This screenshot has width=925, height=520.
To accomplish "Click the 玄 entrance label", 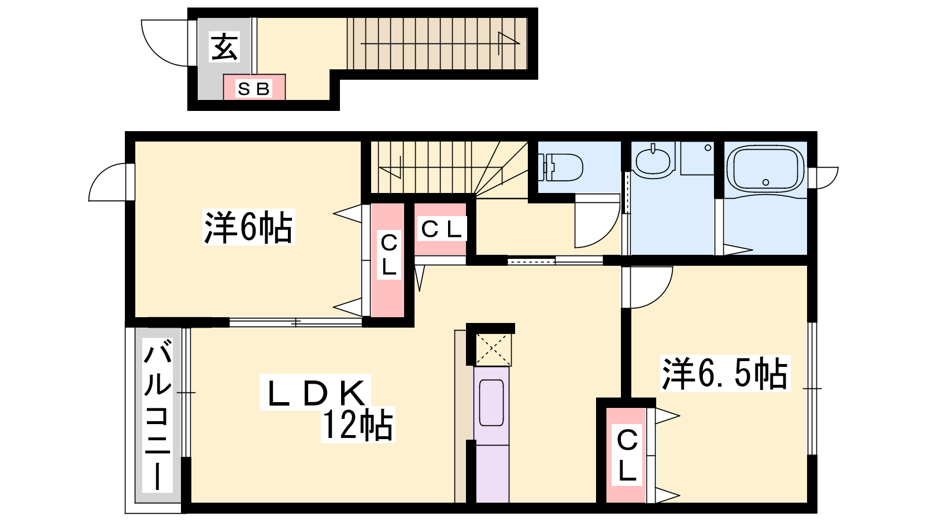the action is [x=225, y=47].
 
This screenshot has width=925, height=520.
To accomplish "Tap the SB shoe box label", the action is [x=254, y=89].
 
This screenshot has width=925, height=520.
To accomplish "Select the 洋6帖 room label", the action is [x=249, y=227].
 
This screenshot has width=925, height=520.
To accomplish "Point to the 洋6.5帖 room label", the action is [x=725, y=373].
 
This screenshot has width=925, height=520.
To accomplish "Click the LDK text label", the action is [x=316, y=392].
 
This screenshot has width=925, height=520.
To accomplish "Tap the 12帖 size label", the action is [x=357, y=425].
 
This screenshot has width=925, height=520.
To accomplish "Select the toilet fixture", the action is [x=560, y=167].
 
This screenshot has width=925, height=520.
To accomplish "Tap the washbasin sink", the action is [x=653, y=161].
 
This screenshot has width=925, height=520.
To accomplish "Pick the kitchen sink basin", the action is [x=491, y=403].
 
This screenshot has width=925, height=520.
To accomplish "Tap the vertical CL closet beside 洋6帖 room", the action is [x=388, y=260].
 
